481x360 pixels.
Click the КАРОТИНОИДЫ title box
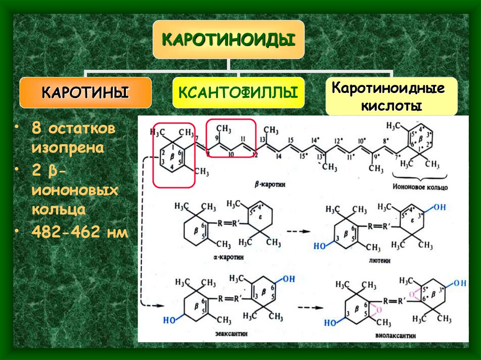click(x=228, y=39)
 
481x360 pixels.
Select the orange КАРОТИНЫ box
click(x=85, y=92)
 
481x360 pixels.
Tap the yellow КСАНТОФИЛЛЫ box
click(x=238, y=92)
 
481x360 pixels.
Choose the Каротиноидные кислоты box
click(x=391, y=97)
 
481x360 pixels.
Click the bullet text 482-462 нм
click(x=79, y=232)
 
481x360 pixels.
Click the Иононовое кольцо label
click(x=419, y=187)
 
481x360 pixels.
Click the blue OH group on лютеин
click(x=437, y=207)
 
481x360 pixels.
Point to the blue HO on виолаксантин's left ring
click(x=331, y=322)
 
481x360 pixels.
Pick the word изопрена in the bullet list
click(x=68, y=148)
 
